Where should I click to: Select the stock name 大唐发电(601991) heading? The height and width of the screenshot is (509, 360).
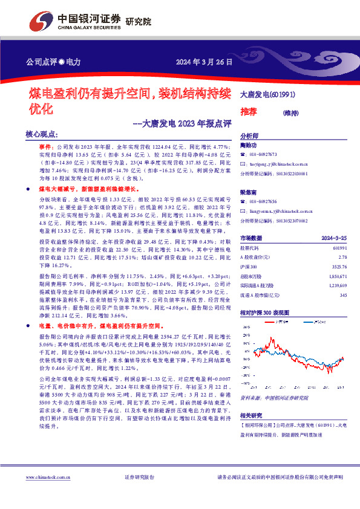267,94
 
